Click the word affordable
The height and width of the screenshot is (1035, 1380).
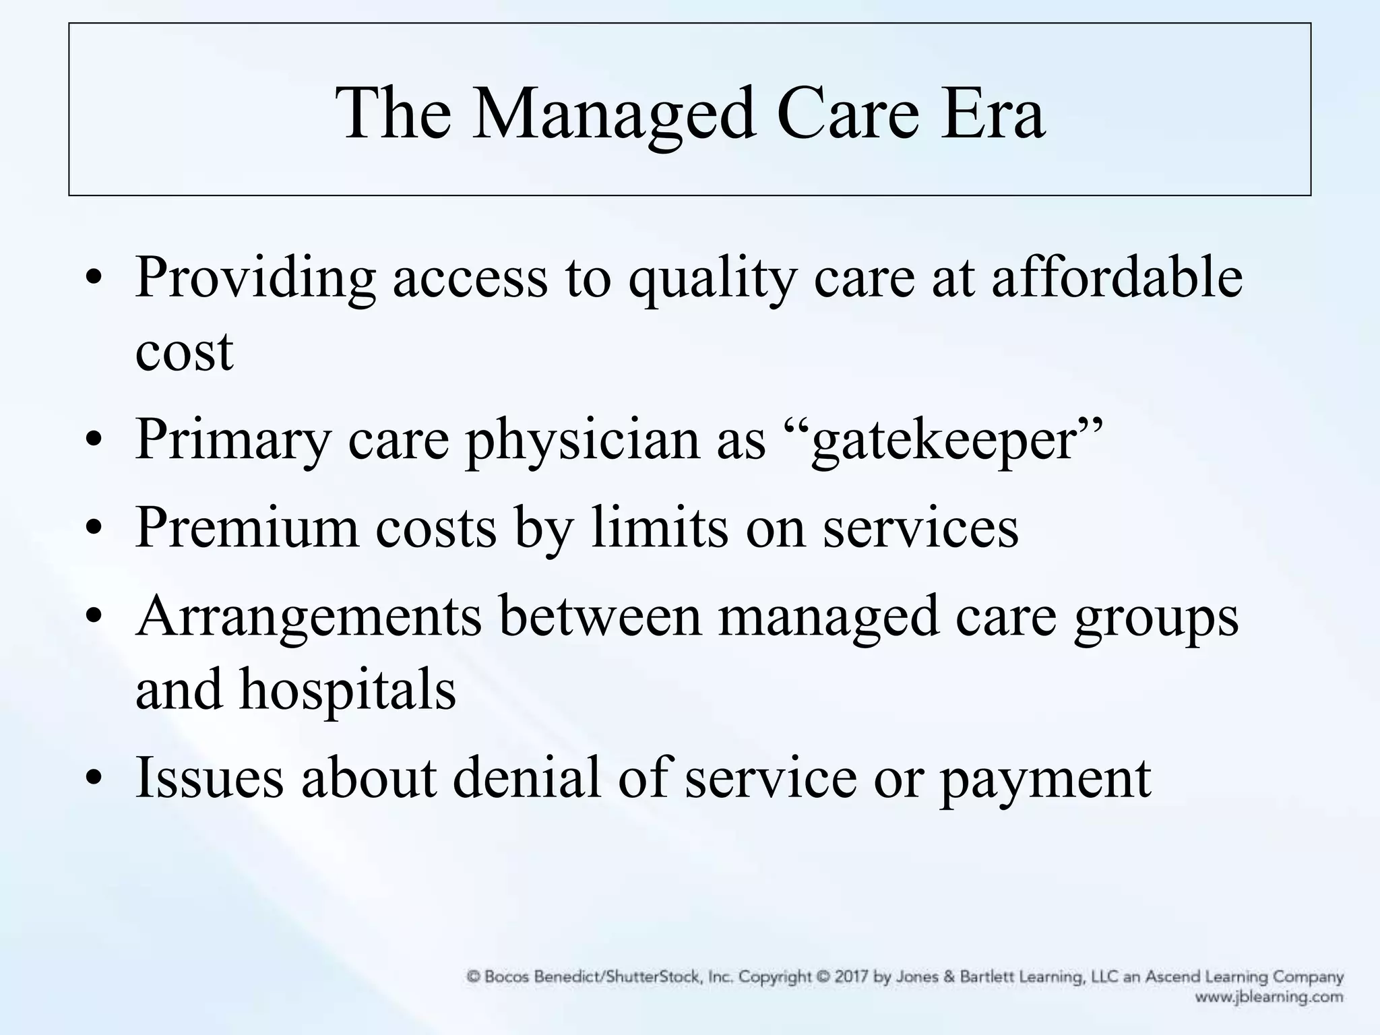1117,278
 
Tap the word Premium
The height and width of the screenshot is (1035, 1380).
247,527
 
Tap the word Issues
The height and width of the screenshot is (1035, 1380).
210,778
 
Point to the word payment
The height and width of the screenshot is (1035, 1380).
1045,779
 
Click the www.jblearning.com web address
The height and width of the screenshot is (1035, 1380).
1269,997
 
